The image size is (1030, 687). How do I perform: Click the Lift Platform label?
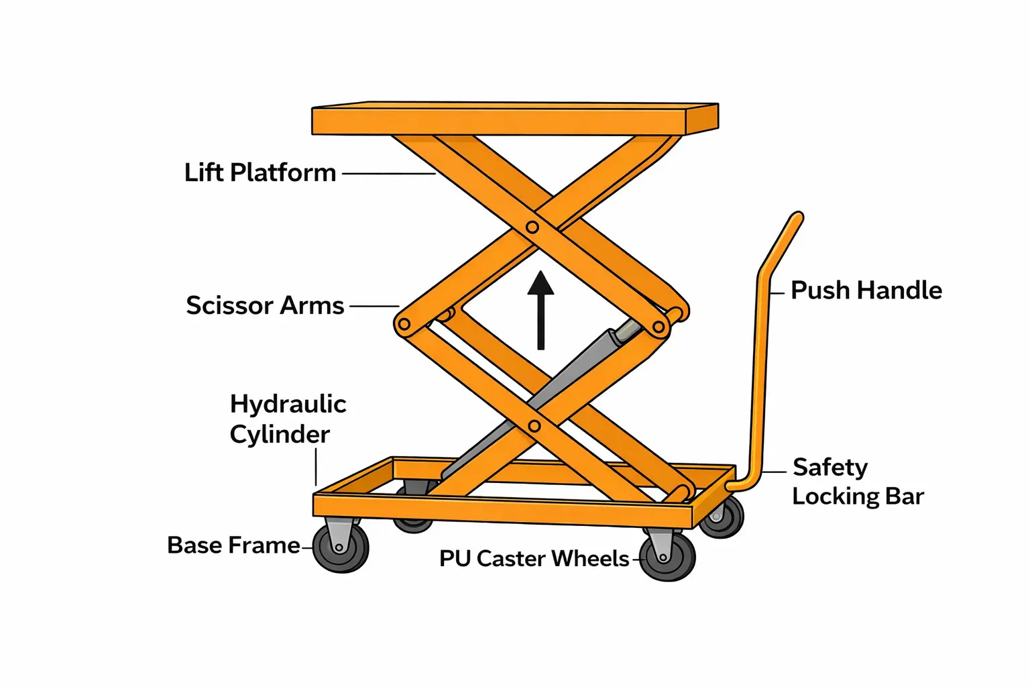tap(260, 172)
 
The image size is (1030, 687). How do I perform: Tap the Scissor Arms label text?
tap(265, 305)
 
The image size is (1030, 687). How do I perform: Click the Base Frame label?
tap(233, 545)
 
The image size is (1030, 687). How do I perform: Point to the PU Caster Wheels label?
tap(534, 558)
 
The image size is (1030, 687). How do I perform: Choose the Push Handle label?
tap(866, 290)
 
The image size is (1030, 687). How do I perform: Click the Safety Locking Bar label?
tap(857, 481)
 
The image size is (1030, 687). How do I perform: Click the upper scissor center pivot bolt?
tap(532, 227)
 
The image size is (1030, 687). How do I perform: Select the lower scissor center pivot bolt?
tap(534, 426)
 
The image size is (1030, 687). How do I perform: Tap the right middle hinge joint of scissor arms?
tap(659, 327)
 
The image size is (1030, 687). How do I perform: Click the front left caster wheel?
tap(341, 547)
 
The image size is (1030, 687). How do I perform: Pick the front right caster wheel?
tap(667, 556)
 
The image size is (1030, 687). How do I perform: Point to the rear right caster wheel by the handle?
tap(723, 517)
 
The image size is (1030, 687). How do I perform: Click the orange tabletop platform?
tap(514, 119)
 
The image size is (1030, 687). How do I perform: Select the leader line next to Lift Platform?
tap(389, 174)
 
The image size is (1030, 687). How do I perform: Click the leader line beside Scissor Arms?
tap(374, 306)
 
